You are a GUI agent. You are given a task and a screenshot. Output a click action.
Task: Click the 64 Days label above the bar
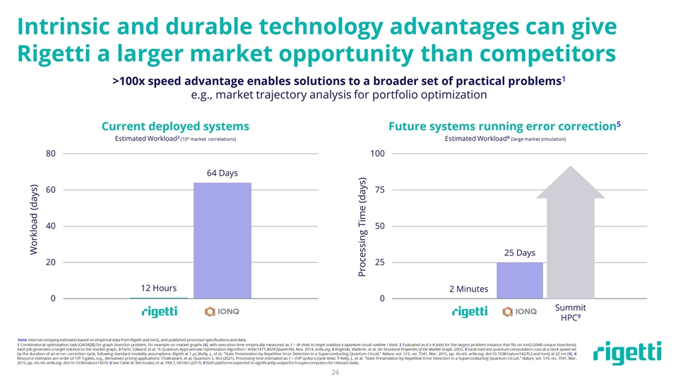pos(222,173)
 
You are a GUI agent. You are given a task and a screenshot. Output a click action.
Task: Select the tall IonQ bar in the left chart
pos(222,241)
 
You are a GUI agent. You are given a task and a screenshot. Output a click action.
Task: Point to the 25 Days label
pos(519,253)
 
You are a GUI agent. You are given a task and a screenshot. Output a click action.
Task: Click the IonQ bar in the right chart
pos(519,280)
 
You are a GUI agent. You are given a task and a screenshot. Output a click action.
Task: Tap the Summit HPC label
pos(571,313)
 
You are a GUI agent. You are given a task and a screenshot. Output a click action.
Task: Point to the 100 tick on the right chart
pos(377,153)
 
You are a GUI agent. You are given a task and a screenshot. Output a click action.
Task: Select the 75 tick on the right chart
pos(379,190)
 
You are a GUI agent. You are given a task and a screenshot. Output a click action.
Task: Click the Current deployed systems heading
pos(175,126)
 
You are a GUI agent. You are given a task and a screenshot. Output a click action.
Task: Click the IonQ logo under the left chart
pos(223,311)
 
